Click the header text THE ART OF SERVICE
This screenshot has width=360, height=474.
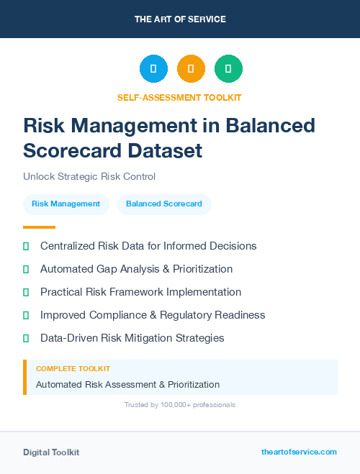(x=180, y=19)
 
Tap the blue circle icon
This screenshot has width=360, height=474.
(x=153, y=68)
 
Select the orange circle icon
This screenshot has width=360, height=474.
(x=191, y=68)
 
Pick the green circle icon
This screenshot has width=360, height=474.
(x=228, y=68)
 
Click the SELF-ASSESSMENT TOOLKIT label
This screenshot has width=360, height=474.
(x=179, y=97)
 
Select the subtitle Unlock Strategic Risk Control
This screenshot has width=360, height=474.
(x=89, y=176)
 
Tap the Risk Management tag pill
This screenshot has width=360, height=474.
(x=66, y=204)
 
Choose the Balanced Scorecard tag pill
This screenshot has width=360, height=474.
(x=164, y=204)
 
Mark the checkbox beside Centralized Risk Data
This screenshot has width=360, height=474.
(x=26, y=246)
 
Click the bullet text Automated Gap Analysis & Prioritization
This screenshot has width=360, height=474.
(x=136, y=269)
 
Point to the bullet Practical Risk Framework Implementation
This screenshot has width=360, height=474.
(x=140, y=292)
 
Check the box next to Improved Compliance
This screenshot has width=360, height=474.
(x=26, y=315)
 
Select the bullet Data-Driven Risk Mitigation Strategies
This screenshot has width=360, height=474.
(x=132, y=338)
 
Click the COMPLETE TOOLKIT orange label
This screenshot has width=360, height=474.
(x=73, y=368)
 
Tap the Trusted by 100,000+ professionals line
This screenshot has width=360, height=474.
(x=180, y=405)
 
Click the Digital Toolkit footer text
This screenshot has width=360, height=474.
(x=51, y=452)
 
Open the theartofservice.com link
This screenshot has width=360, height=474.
(x=299, y=452)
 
